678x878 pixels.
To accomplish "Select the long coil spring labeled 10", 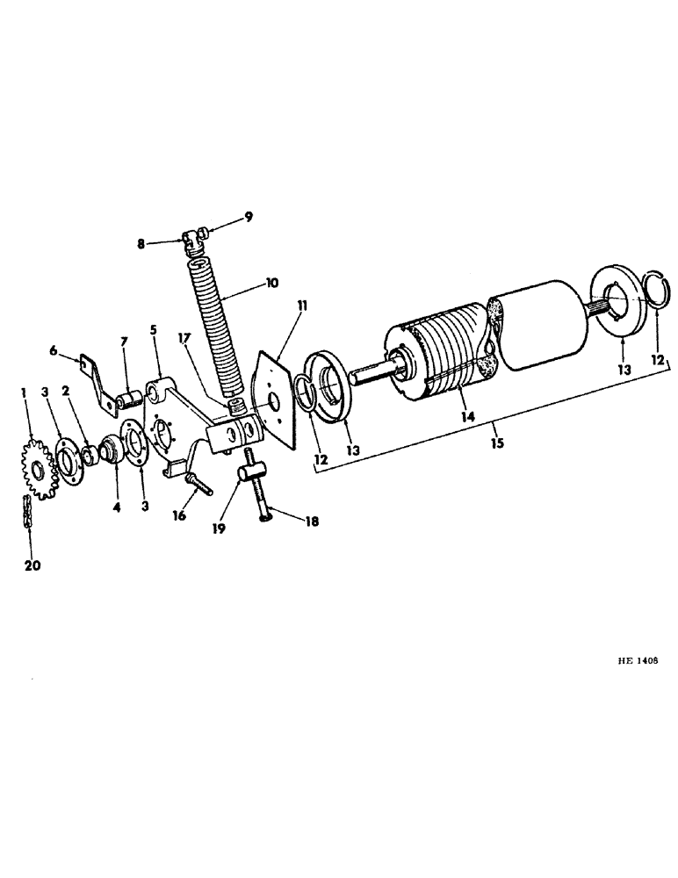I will [x=212, y=326].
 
